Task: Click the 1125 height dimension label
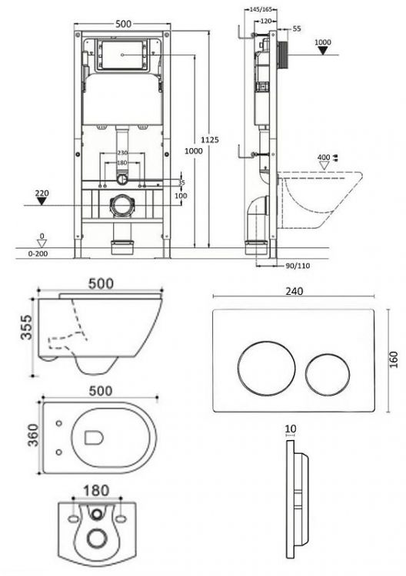tap(210, 140)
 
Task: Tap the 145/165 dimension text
tap(261, 9)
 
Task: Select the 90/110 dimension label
tap(298, 266)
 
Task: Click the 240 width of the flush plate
tap(295, 291)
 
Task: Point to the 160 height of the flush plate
tap(394, 359)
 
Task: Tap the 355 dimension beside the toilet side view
tap(26, 326)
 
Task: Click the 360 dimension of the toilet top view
tap(34, 435)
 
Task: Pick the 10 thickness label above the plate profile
tap(291, 429)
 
